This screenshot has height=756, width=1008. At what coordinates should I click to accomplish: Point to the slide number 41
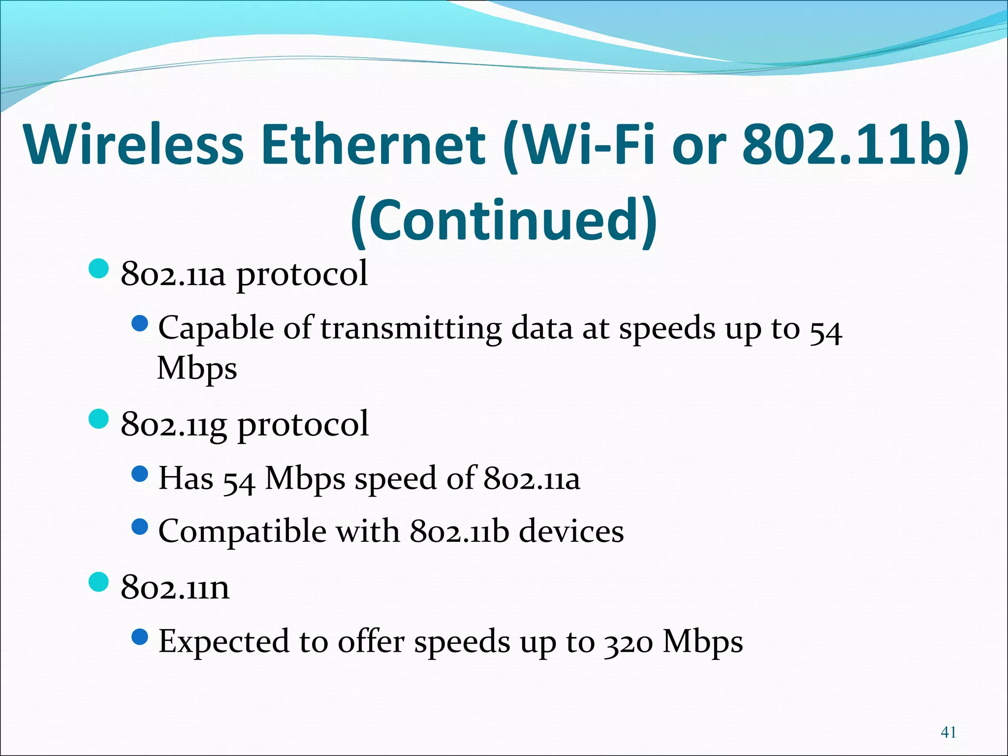pos(948,732)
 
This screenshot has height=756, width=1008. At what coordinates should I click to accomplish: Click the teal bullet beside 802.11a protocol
pos(98,269)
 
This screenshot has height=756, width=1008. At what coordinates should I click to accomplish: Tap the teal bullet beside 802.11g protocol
pos(98,419)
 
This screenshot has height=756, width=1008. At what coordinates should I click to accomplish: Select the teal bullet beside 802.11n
pos(98,582)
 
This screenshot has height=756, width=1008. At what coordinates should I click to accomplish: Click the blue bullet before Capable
pos(140,323)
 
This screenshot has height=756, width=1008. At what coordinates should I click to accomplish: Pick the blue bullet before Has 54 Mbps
pos(140,474)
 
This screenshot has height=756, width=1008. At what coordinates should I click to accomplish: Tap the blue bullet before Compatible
pos(140,528)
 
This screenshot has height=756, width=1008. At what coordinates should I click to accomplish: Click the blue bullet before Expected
pos(140,637)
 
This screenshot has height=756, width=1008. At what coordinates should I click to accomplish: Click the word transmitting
pos(411,329)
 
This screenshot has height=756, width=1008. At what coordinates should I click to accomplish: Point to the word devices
pos(571,532)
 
